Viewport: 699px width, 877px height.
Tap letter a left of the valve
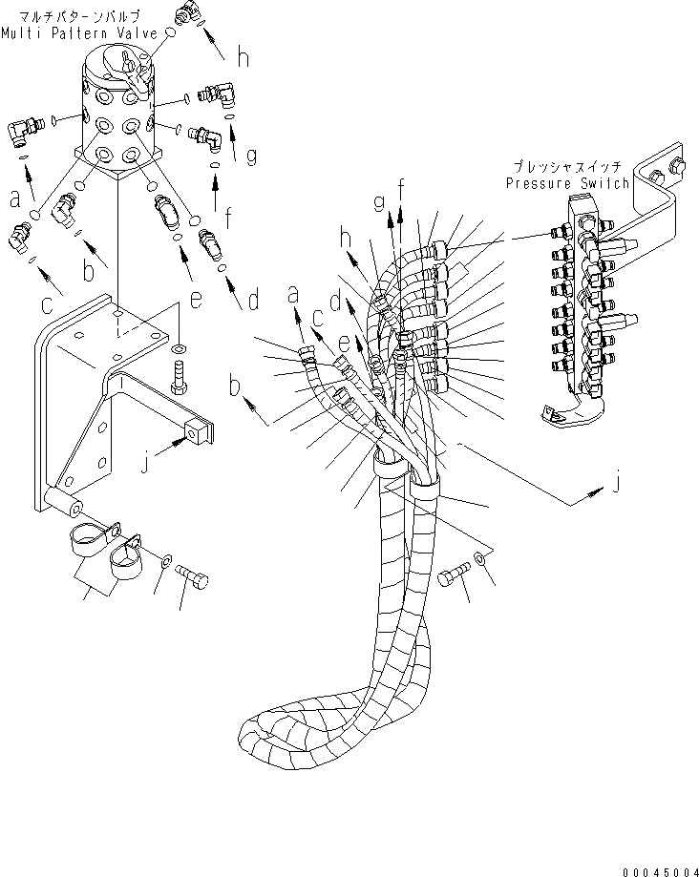click(x=15, y=198)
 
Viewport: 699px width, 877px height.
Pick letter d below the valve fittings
click(x=253, y=301)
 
